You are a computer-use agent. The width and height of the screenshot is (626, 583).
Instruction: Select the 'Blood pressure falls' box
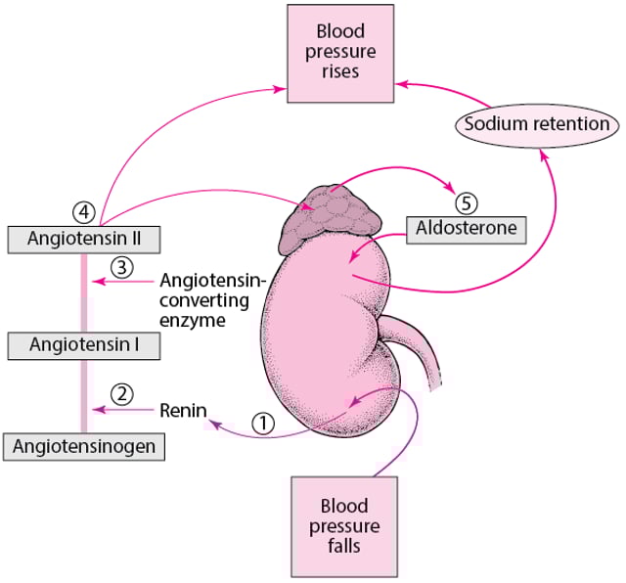343,525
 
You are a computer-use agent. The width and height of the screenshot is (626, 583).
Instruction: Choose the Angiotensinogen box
83,445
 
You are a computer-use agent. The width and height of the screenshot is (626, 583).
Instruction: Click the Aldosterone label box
467,230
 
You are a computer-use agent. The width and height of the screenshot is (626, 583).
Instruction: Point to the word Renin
183,410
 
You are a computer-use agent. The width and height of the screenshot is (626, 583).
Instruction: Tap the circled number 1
264,423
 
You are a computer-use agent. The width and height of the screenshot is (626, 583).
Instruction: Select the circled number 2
122,393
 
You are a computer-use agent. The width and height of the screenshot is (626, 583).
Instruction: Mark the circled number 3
122,266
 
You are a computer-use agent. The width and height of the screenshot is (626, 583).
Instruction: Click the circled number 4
83,210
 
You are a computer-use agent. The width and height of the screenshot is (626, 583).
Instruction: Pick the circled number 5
467,203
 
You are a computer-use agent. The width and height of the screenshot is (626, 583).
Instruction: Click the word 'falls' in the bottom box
343,546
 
